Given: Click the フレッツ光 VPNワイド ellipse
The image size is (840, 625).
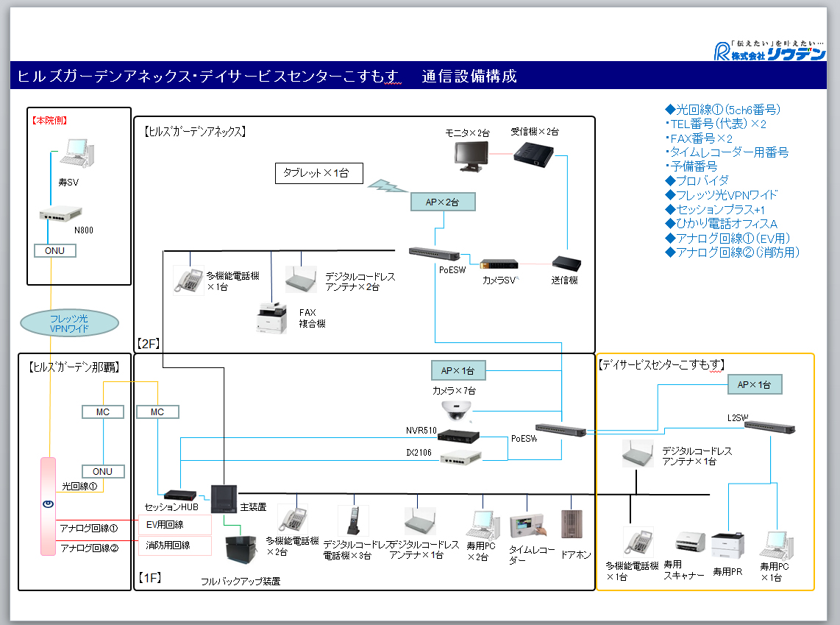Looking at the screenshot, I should [71, 322].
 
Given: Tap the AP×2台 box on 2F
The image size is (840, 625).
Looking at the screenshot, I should [443, 201].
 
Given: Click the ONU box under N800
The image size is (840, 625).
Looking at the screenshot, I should [55, 250].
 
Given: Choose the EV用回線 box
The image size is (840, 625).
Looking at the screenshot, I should [174, 525].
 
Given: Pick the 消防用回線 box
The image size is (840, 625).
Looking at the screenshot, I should [174, 545].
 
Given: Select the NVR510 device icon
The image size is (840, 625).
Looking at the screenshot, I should [458, 435].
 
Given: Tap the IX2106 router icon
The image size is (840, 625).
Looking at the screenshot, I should [461, 459].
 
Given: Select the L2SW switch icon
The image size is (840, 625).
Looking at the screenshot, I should [769, 427].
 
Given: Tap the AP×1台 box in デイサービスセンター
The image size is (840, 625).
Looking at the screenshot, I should [755, 384].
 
